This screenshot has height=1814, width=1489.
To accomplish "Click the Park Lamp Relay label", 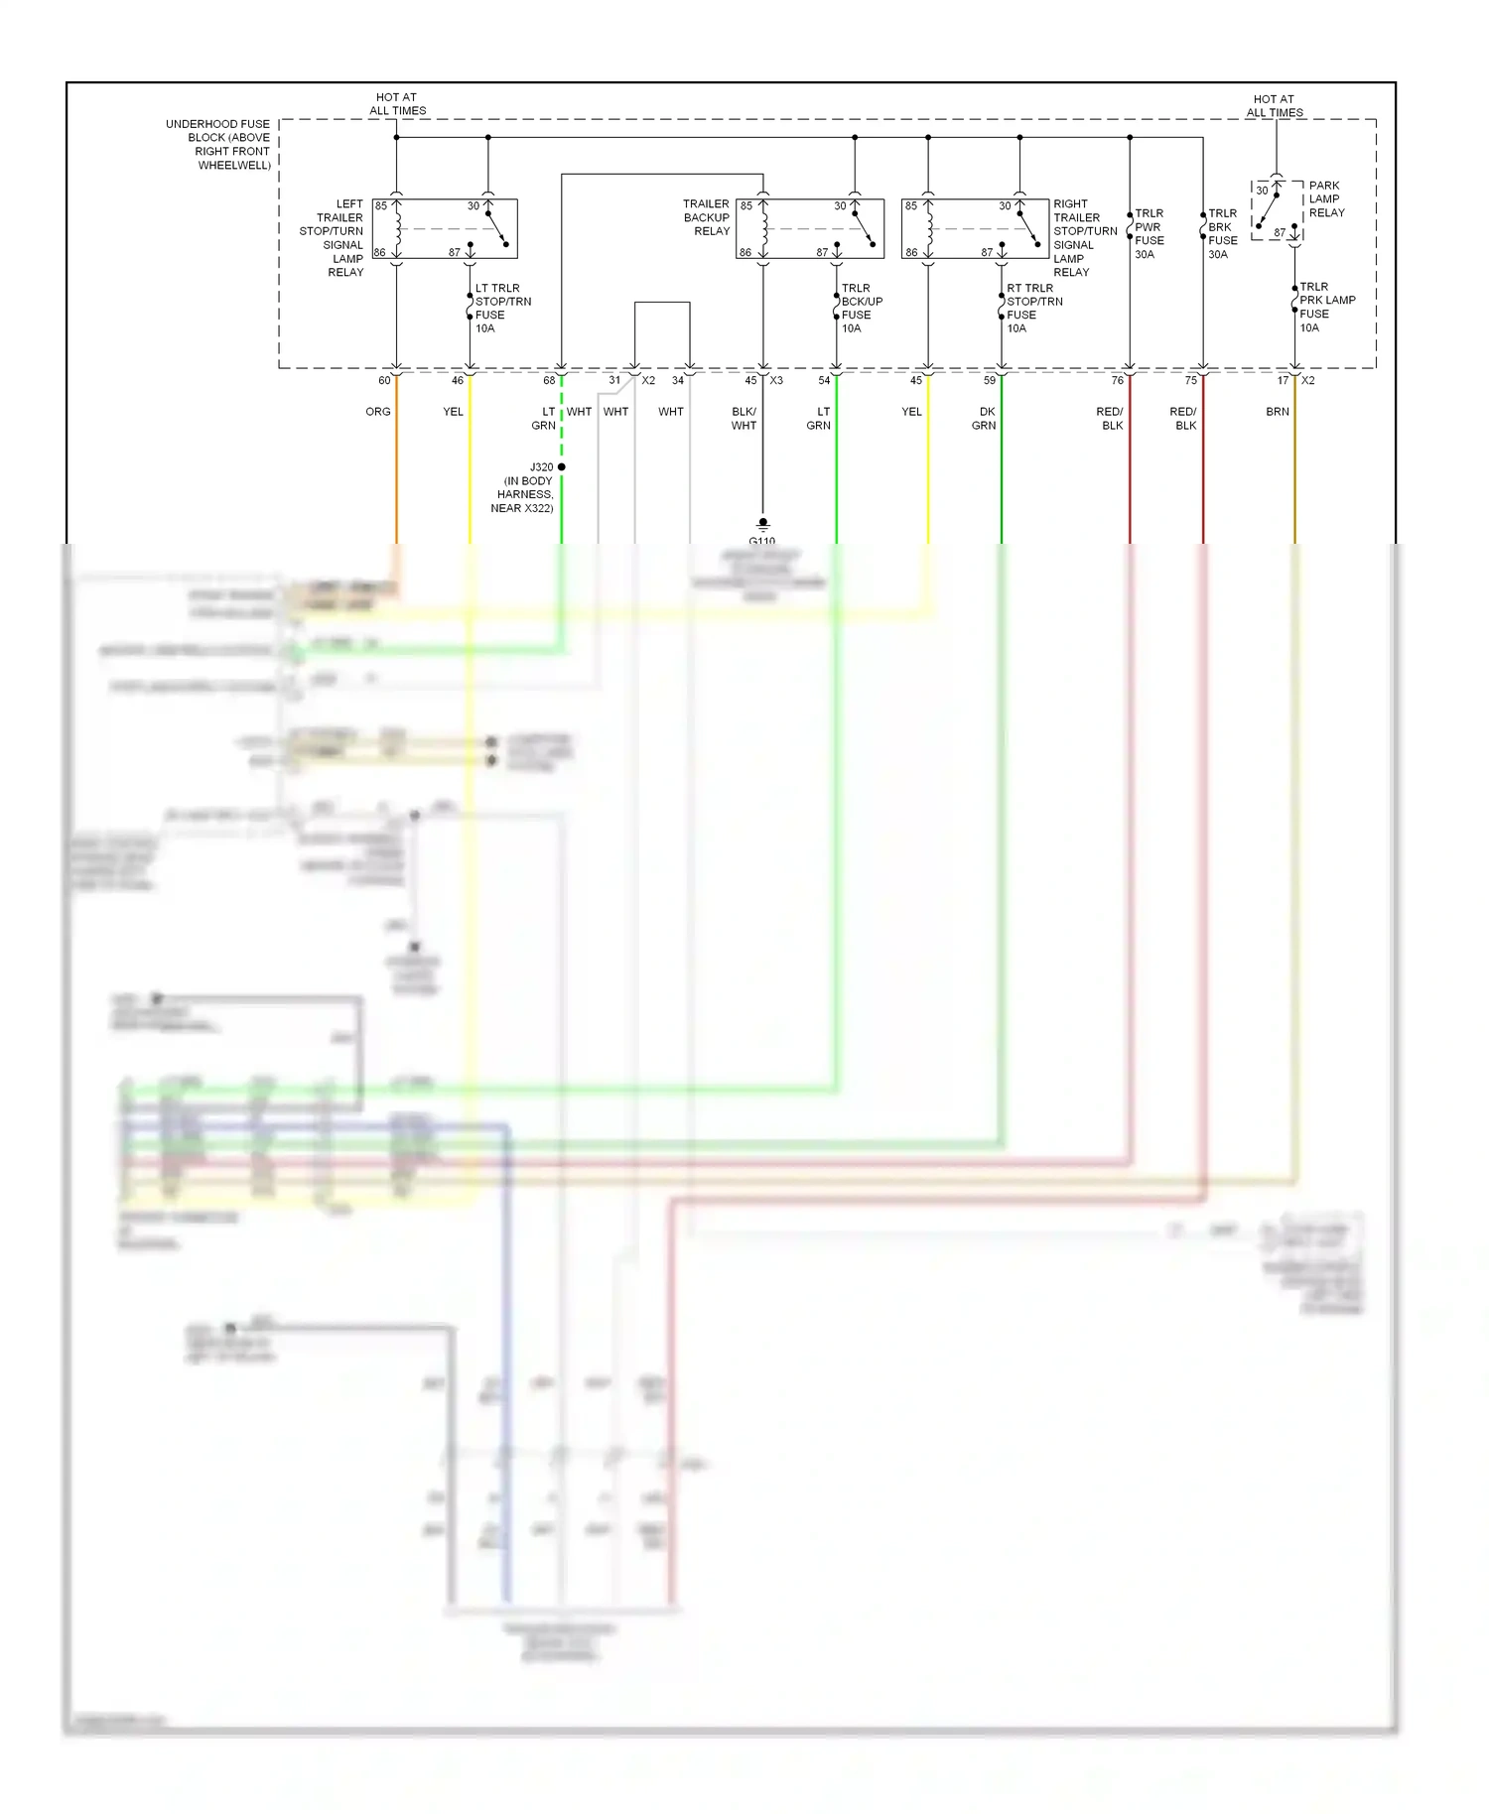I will tap(1326, 199).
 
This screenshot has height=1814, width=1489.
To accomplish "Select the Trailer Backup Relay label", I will tap(707, 217).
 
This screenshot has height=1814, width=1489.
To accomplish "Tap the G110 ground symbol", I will tap(762, 523).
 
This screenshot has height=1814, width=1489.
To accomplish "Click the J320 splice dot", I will tap(562, 466).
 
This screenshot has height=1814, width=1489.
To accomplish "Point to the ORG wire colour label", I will tap(378, 412).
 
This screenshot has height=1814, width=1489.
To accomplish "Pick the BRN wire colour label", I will tap(1278, 412).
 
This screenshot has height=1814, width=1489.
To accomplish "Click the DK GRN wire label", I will tap(984, 419).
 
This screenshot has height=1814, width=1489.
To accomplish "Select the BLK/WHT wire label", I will tap(744, 419).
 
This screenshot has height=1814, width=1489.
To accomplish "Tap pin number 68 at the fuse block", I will tap(549, 381).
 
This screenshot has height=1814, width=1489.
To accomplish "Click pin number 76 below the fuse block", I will tap(1118, 381).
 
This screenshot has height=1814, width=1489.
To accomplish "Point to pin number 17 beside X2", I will tap(1283, 381).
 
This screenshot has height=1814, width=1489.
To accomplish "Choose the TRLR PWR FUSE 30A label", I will tap(1149, 234).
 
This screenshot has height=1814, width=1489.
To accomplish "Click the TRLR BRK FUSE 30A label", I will tap(1222, 234).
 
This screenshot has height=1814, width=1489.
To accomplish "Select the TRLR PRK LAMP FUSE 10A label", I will tap(1326, 307).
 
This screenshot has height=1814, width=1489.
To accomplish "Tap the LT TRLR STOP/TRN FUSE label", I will tap(502, 309).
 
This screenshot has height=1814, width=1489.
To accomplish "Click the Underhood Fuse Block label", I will tap(219, 145).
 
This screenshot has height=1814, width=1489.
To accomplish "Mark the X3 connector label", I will tap(776, 381).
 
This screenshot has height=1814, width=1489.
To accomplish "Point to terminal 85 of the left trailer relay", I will tap(381, 206).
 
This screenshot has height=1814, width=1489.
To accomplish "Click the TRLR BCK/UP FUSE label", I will tap(861, 309).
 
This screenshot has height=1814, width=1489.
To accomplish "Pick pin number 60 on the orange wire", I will tap(384, 381).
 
